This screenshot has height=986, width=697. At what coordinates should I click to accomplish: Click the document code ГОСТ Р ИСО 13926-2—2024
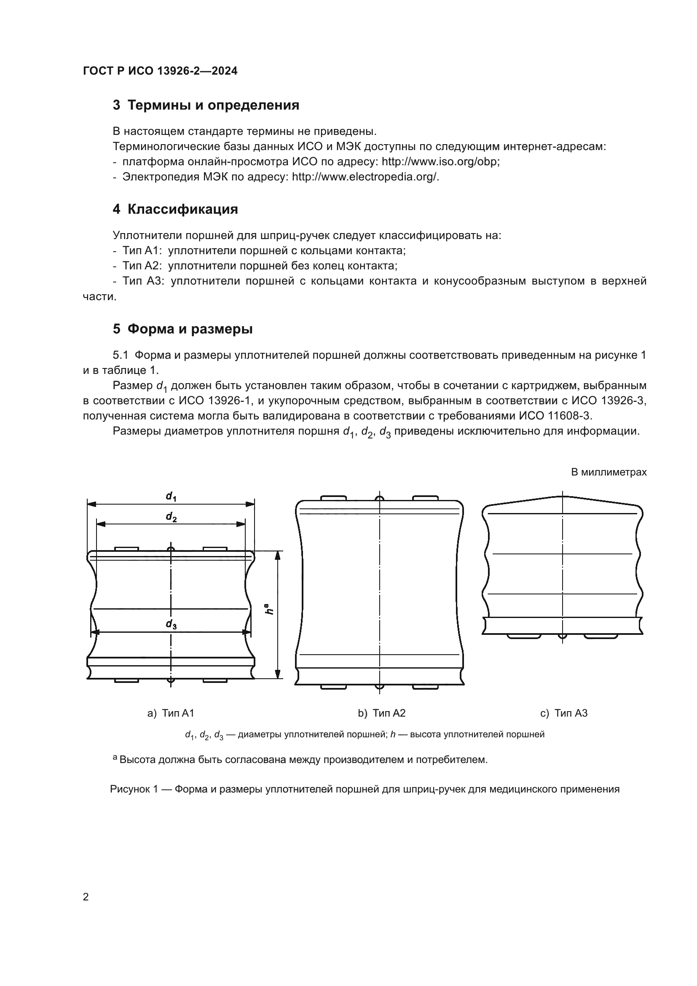[x=160, y=71]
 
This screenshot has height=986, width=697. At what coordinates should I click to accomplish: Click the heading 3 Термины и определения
[x=206, y=105]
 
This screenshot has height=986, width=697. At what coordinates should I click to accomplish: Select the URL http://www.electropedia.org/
[x=365, y=177]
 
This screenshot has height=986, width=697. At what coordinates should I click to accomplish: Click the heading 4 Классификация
[x=175, y=210]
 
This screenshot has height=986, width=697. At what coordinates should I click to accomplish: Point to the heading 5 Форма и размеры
[x=182, y=329]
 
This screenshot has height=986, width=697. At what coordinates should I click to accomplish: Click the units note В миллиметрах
[x=609, y=473]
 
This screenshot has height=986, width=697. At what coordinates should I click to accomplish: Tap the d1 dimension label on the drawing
[x=171, y=497]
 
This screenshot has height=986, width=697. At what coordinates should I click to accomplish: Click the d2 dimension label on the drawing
[x=171, y=517]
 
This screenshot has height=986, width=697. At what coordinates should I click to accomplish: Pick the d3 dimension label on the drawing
[x=171, y=625]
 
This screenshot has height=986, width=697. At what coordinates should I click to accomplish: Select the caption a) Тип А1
[x=171, y=713]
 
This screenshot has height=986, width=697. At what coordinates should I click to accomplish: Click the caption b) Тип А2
[x=381, y=713]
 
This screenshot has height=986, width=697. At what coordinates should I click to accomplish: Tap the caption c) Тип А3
[x=563, y=713]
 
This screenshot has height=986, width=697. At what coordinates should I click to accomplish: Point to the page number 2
[x=86, y=897]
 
